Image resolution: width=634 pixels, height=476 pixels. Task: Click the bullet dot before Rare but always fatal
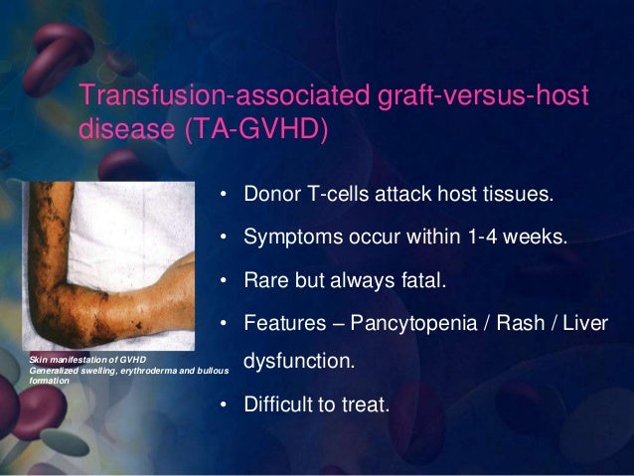226,282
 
